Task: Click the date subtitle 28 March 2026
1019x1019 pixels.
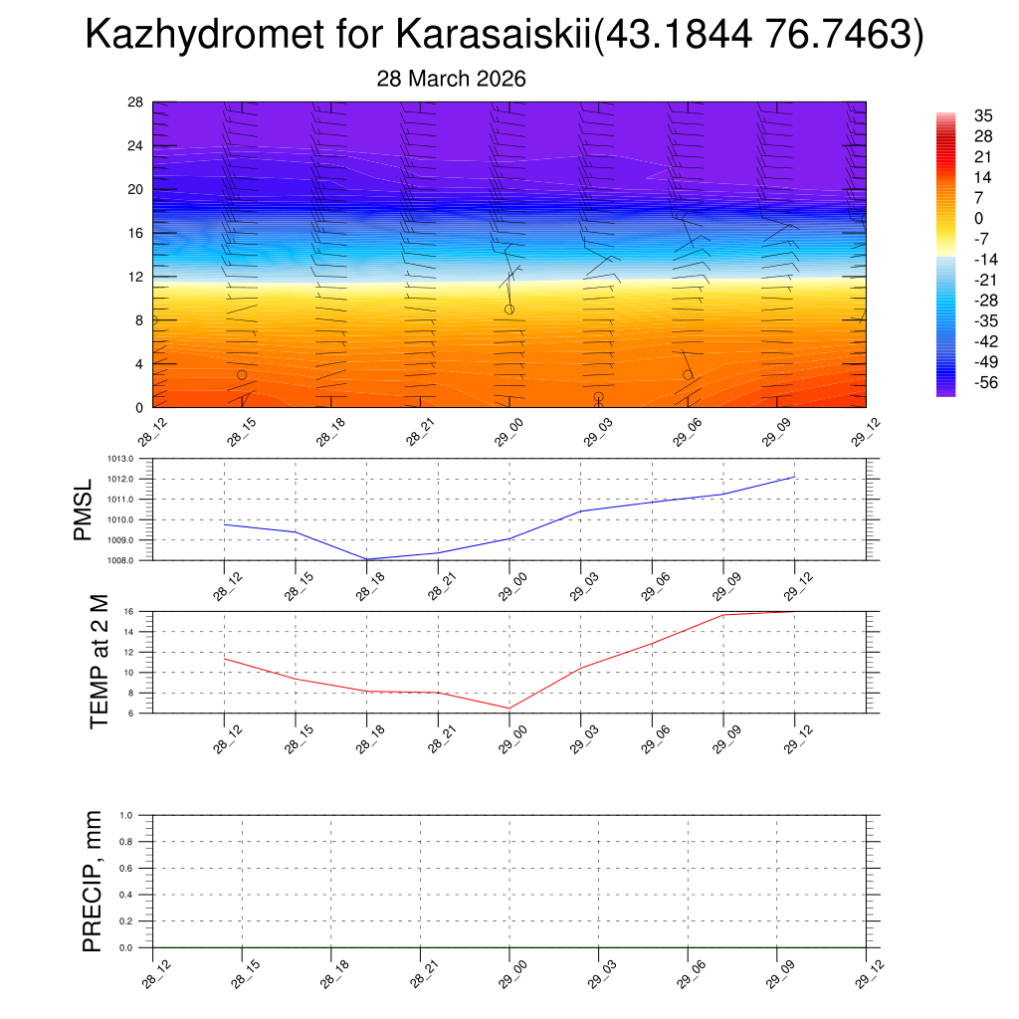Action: (x=451, y=79)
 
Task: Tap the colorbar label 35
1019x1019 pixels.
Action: (x=983, y=116)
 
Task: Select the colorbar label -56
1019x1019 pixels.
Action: (x=985, y=382)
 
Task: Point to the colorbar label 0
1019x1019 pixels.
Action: (x=979, y=218)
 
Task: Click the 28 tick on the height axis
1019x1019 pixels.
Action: (x=136, y=102)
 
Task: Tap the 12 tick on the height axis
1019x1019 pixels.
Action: (x=136, y=277)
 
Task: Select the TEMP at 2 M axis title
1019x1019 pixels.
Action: (x=99, y=662)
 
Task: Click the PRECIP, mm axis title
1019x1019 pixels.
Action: (x=93, y=882)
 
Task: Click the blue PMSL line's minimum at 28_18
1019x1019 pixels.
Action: (x=367, y=559)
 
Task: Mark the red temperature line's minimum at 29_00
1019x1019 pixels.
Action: (x=509, y=708)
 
